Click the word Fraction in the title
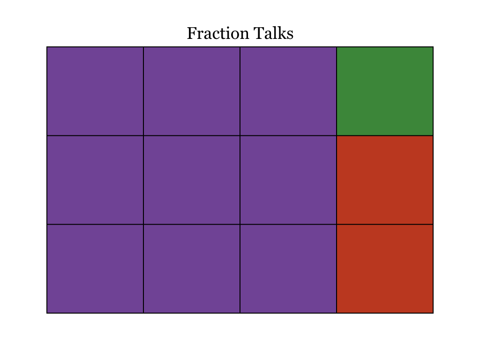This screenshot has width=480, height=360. [214, 33]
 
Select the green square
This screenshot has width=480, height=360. [385, 91]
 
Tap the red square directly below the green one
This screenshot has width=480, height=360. [385, 180]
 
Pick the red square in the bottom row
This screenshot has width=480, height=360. [385, 269]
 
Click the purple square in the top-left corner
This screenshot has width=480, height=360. [95, 91]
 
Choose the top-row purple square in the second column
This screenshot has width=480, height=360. [192, 91]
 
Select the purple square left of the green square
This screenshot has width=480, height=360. [288, 91]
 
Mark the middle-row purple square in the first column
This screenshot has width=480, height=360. [95, 180]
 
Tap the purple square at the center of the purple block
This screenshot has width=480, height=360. [192, 180]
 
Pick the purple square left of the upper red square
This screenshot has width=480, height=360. [288, 180]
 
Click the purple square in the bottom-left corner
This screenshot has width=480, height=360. [95, 269]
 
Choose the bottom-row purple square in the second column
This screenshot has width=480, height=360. [192, 269]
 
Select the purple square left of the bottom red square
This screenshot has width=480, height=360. [288, 269]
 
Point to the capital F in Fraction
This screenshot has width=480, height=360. [192, 33]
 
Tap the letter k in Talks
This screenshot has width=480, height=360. [281, 33]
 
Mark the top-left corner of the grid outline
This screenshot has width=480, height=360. [47, 47]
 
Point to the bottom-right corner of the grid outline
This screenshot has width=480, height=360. [433, 313]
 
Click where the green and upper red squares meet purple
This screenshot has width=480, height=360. [337, 135]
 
